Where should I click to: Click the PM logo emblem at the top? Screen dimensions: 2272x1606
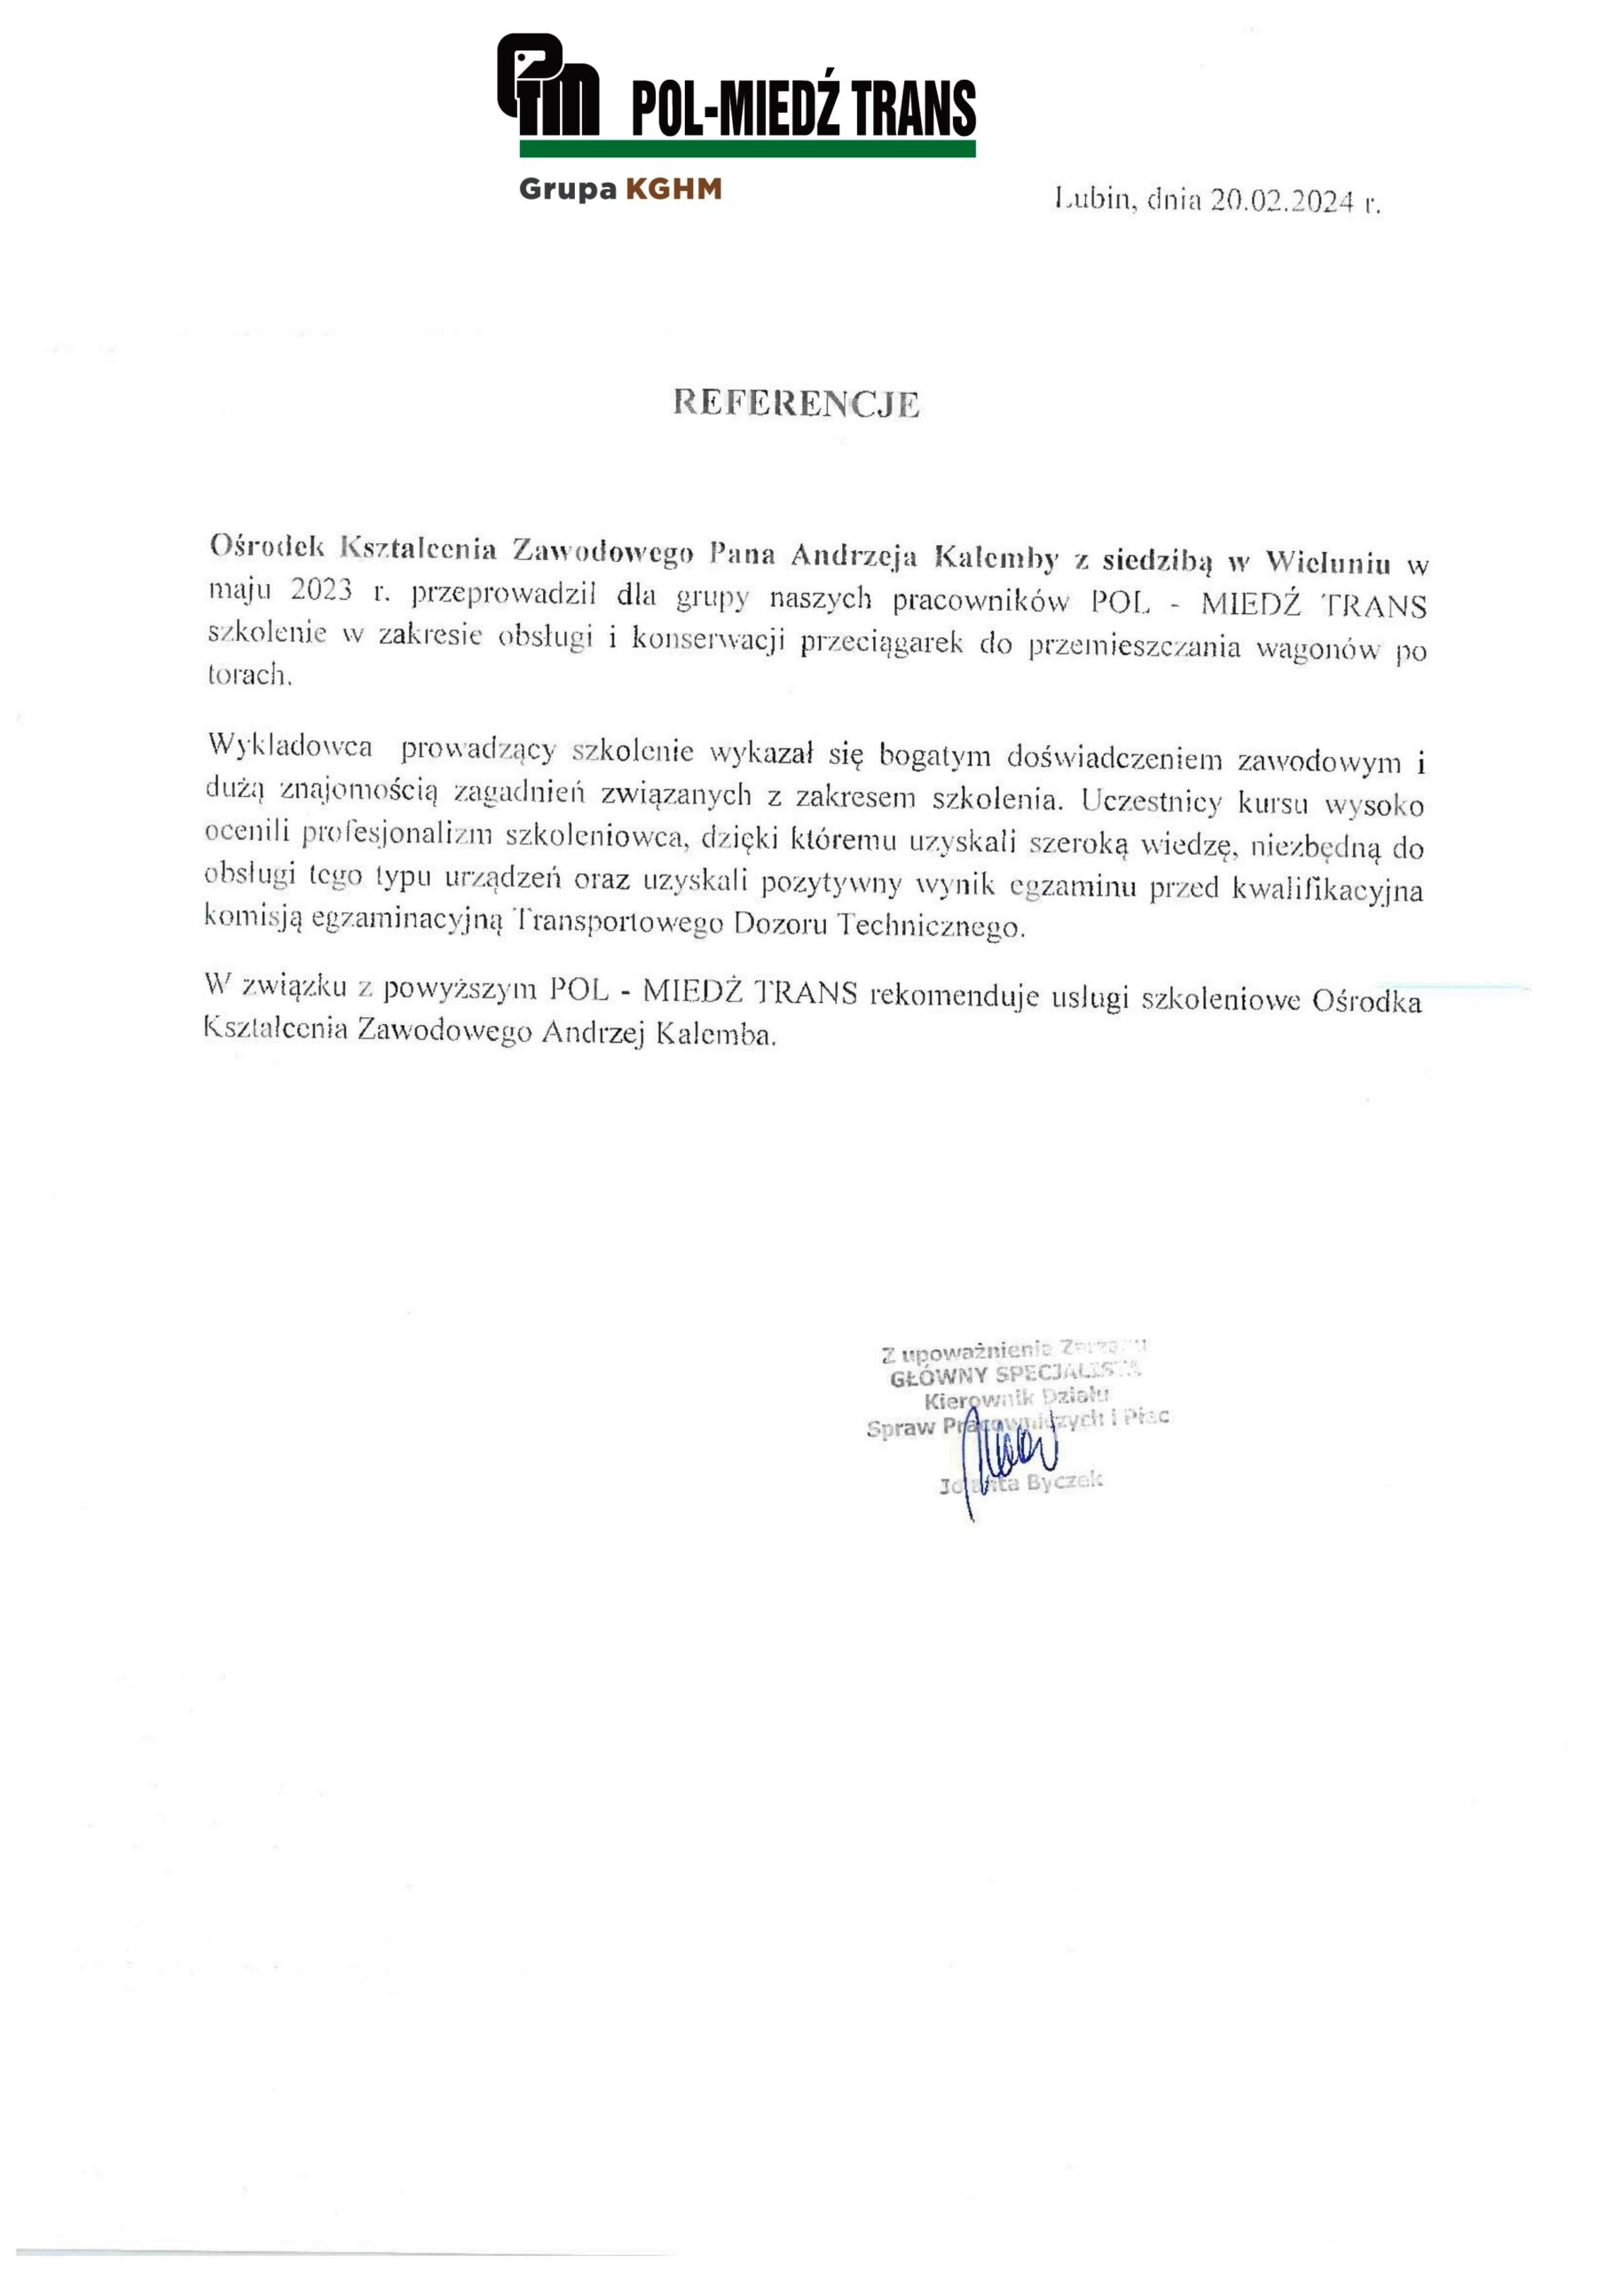pyautogui.click(x=547, y=85)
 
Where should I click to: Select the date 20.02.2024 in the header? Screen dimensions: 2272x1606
pyautogui.click(x=1282, y=201)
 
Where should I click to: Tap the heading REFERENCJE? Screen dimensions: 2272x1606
pyautogui.click(x=797, y=403)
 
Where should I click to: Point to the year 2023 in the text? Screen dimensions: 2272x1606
pyautogui.click(x=320, y=590)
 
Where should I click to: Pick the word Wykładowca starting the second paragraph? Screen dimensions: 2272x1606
pyautogui.click(x=290, y=746)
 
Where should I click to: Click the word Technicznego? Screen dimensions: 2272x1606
pyautogui.click(x=931, y=927)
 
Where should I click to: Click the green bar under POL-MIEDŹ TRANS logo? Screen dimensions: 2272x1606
pyautogui.click(x=747, y=149)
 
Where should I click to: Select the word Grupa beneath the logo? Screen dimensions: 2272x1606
pyautogui.click(x=567, y=189)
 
